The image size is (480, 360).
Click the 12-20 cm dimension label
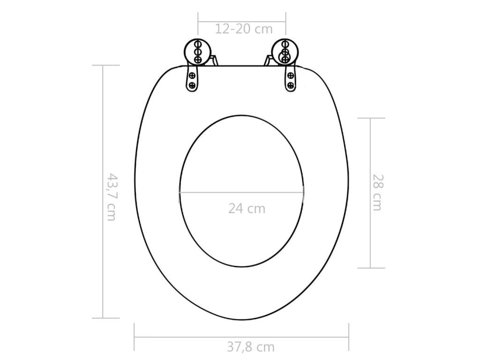coord(244,29)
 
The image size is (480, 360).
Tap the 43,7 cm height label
coord(111,197)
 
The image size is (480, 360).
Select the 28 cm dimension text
coord(377,193)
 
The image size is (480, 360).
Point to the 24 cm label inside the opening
coord(247,209)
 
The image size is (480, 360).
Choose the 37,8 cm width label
coord(251,347)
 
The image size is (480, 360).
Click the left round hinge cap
coord(197,52)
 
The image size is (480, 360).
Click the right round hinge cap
coord(285,52)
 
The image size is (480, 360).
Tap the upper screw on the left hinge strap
coord(193,75)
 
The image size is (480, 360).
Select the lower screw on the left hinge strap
coord(193,85)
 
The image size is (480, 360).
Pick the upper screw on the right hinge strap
coord(291,75)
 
